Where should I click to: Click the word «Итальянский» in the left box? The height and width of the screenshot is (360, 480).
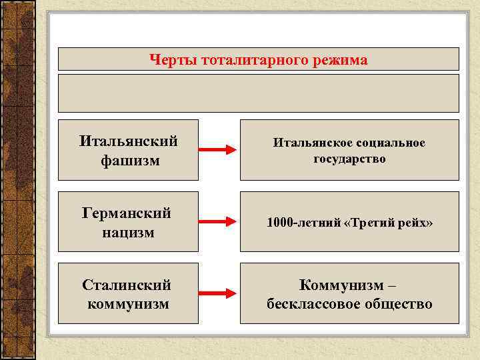click(128, 141)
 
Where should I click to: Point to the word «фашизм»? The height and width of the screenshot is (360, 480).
click(129, 161)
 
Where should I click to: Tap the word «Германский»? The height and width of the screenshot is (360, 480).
click(127, 213)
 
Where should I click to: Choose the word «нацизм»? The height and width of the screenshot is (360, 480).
click(128, 233)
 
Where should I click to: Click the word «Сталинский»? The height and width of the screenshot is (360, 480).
click(127, 285)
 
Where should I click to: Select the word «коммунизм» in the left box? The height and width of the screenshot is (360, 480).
click(128, 305)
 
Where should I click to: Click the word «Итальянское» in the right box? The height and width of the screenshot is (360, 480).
click(306, 143)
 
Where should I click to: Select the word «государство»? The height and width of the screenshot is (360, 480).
click(349, 159)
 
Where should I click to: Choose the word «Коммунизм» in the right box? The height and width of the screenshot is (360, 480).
click(342, 285)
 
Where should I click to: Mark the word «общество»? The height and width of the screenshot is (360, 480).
click(397, 305)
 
